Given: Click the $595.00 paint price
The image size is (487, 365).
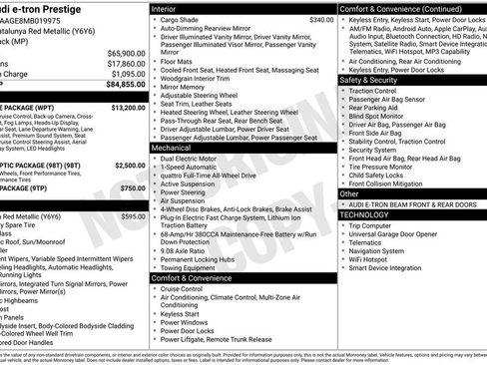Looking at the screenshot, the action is pos(133,216).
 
